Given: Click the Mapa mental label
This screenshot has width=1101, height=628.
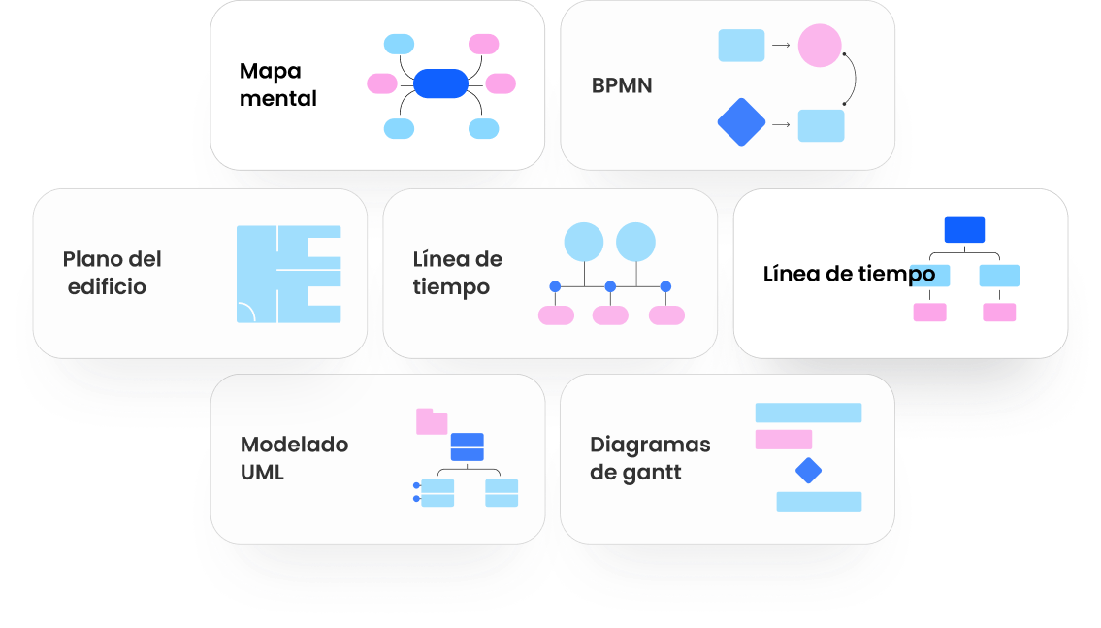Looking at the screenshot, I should [277, 84].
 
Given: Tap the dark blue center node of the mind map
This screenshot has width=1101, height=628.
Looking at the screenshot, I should [440, 83].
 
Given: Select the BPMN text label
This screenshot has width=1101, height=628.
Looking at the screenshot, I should [622, 85].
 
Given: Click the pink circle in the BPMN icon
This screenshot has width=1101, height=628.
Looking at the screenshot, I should [820, 46].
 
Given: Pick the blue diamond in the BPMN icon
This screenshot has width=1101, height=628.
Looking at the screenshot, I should [741, 122].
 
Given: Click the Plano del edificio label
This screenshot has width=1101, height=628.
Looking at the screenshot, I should [112, 273].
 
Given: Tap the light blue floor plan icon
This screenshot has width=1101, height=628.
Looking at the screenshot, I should [288, 274].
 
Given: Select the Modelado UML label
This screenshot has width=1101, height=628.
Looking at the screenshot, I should [294, 458].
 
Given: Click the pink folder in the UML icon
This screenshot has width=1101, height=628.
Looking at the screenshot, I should [431, 421].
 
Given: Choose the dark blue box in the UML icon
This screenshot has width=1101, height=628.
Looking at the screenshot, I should [467, 446].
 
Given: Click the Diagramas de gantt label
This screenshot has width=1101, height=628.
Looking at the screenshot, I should [650, 458].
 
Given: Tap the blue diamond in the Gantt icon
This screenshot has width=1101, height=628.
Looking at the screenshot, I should [808, 471].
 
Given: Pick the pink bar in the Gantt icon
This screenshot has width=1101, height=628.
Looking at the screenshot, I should [783, 440].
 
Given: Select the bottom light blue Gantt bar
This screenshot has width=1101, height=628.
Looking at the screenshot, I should [819, 501].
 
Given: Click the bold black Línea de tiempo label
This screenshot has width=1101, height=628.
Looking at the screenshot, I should [849, 274].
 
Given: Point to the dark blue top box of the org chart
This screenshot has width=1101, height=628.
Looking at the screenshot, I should [964, 230].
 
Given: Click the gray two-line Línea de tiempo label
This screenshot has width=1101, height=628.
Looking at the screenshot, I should [457, 273].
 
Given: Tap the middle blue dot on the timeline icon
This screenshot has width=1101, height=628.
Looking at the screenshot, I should [610, 286].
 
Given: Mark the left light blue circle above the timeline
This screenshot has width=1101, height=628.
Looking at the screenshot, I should [584, 242].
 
